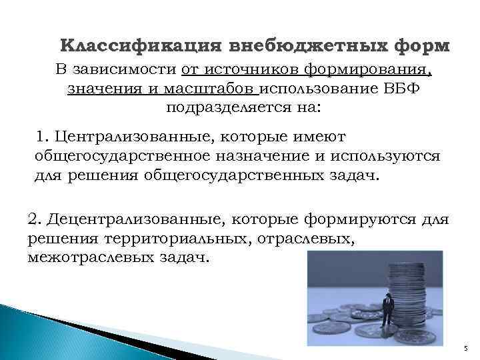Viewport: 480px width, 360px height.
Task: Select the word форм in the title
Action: [x=415, y=47]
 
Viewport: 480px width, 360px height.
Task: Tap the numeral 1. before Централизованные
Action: [x=43, y=137]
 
